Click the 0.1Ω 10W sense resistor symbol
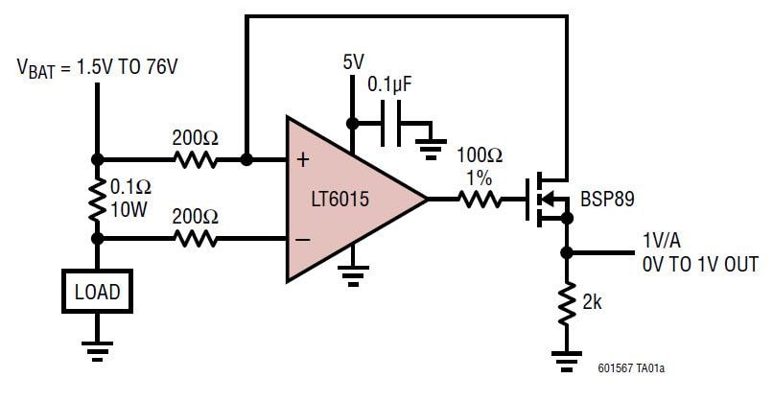point(97,199)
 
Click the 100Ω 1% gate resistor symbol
point(479,200)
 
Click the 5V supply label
point(354,62)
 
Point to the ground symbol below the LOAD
point(97,350)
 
